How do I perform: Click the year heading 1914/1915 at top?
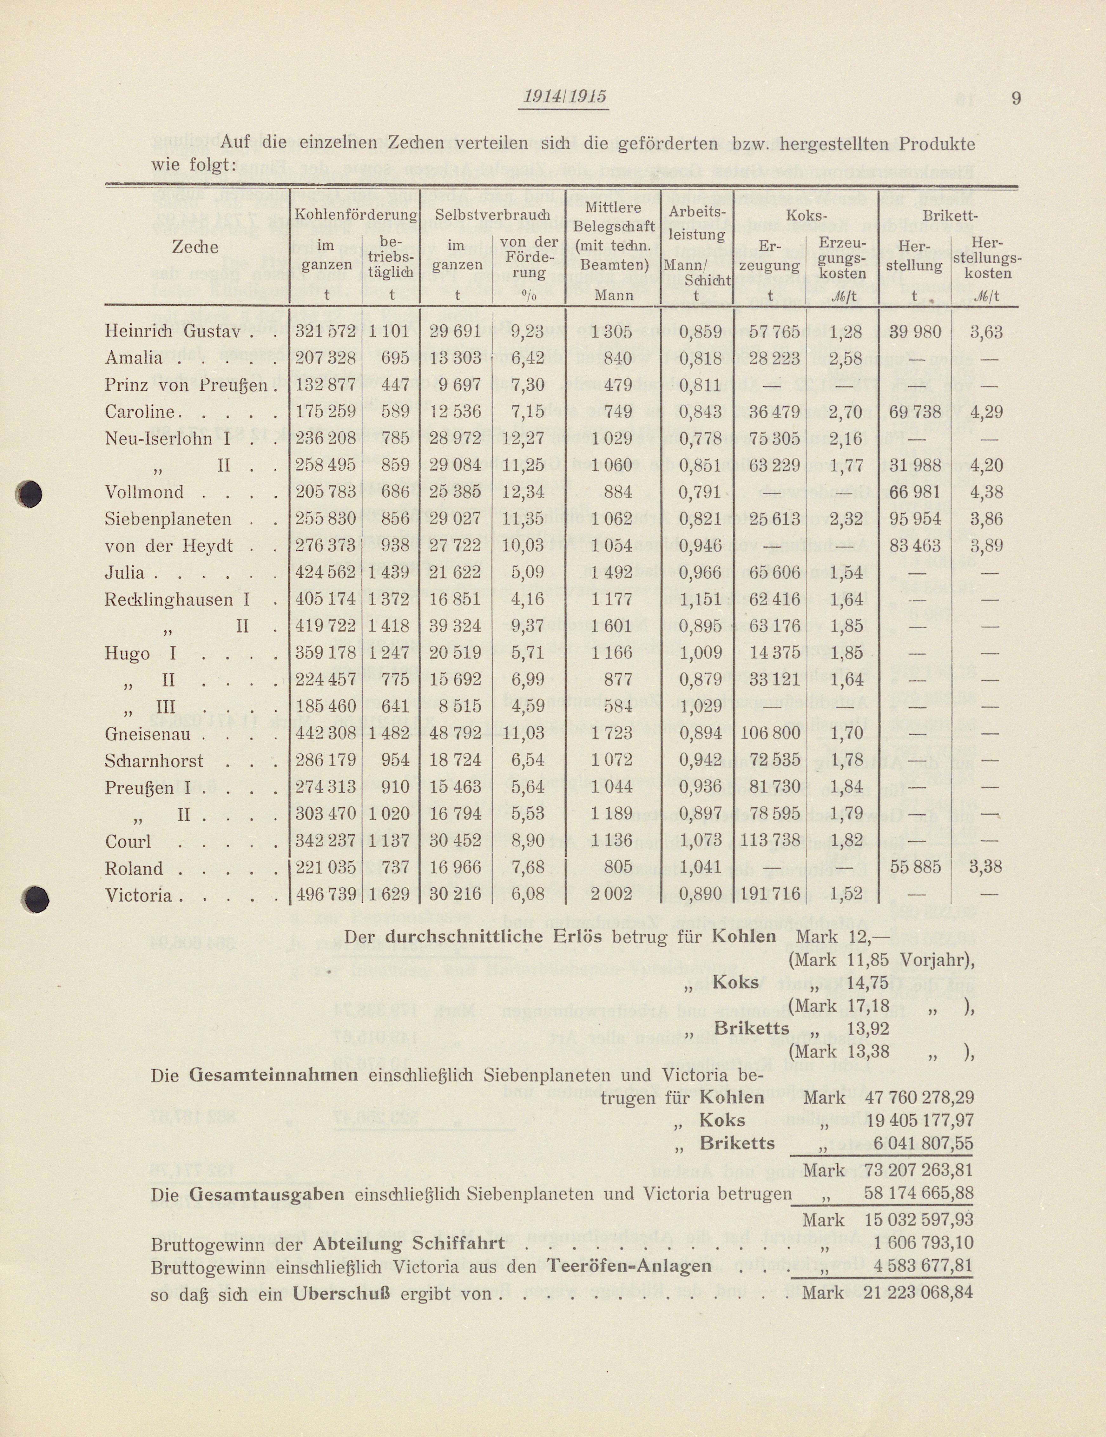tap(564, 97)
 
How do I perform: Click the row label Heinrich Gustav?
tap(172, 332)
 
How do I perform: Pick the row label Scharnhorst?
tap(154, 761)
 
